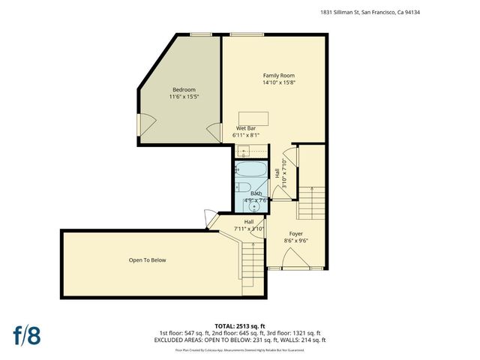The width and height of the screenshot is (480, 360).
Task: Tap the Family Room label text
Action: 278,76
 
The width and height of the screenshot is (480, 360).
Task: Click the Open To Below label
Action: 147,260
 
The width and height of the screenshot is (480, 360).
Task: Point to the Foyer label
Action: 295,234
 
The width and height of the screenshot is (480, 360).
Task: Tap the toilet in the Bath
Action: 241,188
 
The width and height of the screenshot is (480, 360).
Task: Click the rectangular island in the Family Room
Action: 254,117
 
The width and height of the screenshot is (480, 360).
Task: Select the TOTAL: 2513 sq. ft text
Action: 240,325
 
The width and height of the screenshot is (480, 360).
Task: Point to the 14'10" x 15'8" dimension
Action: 278,83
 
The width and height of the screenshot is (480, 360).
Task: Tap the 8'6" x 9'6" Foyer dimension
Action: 295,241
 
